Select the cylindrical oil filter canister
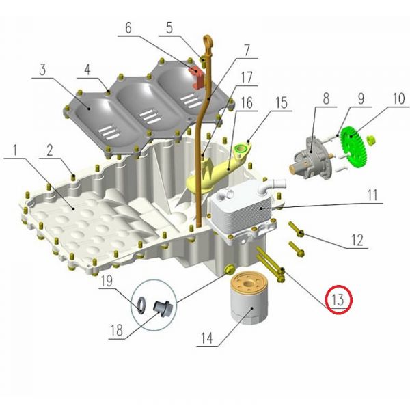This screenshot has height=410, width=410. point(249,298)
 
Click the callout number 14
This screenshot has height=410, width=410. point(207,338)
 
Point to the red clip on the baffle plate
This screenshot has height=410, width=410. point(196,77)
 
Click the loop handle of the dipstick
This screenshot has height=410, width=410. point(208,43)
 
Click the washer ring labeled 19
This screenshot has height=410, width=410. point(141,305)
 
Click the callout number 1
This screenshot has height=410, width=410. point(15,150)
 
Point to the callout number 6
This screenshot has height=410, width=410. point(128,28)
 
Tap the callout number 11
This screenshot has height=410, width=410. point(372,195)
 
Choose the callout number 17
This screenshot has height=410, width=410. point(247,77)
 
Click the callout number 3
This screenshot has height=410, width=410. point(43,70)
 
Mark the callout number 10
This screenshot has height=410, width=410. point(399,99)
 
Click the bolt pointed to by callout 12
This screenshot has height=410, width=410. point(296,230)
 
